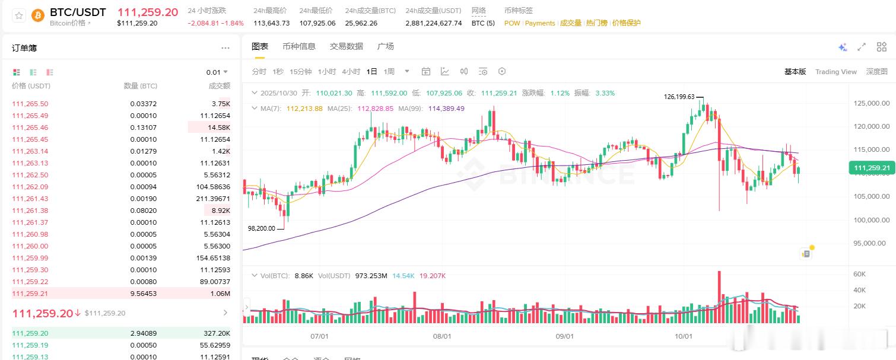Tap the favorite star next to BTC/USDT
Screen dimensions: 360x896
(x=19, y=15)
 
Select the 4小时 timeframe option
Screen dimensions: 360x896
(x=351, y=72)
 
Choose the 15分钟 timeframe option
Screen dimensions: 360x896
(x=300, y=72)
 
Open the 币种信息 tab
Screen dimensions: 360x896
(x=299, y=46)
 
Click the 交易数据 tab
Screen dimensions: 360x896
(x=347, y=46)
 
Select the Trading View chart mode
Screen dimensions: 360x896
(x=835, y=72)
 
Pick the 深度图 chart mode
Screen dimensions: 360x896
(x=876, y=72)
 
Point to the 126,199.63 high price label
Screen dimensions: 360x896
(x=679, y=97)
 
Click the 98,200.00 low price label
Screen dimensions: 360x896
(x=261, y=228)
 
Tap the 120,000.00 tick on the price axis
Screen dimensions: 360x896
(x=871, y=126)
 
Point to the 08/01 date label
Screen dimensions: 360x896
(x=442, y=336)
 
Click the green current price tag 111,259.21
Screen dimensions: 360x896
(x=872, y=168)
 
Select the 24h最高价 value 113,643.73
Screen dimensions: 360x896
(x=271, y=23)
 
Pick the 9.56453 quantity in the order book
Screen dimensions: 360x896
(x=144, y=294)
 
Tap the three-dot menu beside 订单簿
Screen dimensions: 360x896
(x=225, y=48)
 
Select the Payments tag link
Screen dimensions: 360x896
(x=539, y=23)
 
